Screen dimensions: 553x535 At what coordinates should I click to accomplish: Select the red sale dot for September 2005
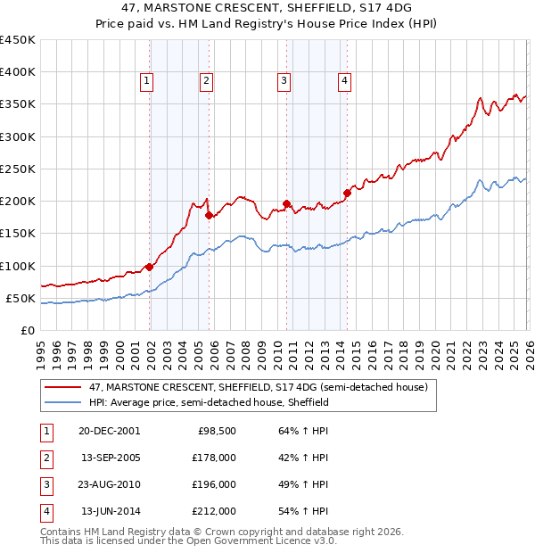coord(209,215)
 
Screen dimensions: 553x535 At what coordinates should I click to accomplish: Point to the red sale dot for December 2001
coord(150,267)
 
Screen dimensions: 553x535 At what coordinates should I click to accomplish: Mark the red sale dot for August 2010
coord(286,203)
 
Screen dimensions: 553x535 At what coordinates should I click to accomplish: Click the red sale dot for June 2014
coord(347,193)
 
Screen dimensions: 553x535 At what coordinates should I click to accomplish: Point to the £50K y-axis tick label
coord(21,298)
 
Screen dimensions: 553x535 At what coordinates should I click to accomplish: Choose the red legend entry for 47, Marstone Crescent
coord(259,387)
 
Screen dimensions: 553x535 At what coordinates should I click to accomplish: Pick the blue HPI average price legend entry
coord(210,402)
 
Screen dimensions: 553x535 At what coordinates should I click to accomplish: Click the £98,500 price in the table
coord(217,431)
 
